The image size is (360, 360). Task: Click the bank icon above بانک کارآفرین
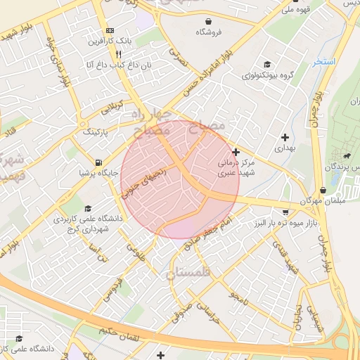click(x=110, y=31)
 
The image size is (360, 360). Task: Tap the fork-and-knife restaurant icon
click(x=119, y=53)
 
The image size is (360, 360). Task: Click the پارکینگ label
click(x=97, y=131)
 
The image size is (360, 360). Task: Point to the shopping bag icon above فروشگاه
click(x=209, y=21)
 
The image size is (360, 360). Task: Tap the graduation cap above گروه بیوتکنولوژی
click(x=266, y=64)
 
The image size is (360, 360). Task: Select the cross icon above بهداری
click(x=285, y=137)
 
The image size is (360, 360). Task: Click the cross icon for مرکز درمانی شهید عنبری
click(x=236, y=151)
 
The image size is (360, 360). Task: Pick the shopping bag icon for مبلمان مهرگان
click(x=323, y=190)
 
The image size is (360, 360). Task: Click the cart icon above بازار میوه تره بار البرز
click(x=285, y=212)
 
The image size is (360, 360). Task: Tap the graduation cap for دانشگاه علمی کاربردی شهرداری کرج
click(x=88, y=208)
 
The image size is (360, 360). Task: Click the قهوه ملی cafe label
click(x=295, y=8)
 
